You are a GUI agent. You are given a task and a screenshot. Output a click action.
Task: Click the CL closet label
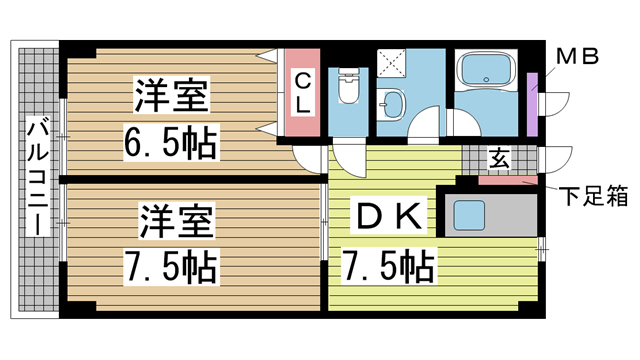(x=303, y=89)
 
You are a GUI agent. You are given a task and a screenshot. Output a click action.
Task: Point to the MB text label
(x=576, y=56)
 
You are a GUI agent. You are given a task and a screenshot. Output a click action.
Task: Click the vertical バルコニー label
(x=36, y=175)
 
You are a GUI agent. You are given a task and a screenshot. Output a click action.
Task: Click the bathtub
(x=484, y=73)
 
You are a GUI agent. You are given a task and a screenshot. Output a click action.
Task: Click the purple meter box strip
(x=532, y=105)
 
